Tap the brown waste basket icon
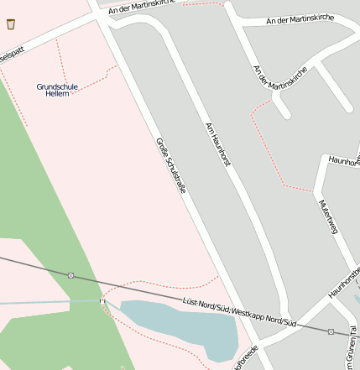9,24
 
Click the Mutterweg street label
326,221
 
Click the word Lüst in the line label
191,303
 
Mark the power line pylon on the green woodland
71,275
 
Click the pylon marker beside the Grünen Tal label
331,331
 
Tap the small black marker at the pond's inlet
102,300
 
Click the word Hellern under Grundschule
57,93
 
